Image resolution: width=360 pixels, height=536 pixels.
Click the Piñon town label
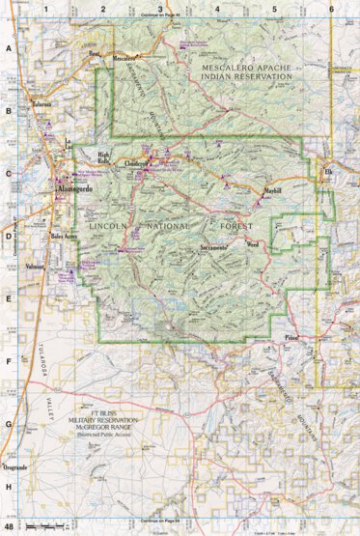coord(292,338)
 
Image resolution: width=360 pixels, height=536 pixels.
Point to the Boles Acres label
coord(66,235)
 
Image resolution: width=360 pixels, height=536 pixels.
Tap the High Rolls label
coord(108,155)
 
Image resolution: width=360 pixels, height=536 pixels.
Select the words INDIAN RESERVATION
coord(246,75)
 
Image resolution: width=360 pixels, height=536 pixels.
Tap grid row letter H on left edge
coord(9,487)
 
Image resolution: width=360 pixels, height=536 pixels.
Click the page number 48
coord(9,527)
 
